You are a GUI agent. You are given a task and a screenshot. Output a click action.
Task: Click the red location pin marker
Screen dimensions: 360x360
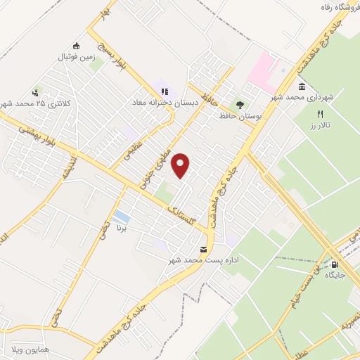[181, 166]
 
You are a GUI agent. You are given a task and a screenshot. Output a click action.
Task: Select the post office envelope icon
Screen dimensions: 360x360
[204, 250]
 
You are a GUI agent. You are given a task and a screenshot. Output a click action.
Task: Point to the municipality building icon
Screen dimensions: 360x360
[301, 86]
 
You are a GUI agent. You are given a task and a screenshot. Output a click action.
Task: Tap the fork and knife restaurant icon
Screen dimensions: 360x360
[320, 113]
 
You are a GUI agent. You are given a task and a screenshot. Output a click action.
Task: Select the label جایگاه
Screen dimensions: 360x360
[335, 276]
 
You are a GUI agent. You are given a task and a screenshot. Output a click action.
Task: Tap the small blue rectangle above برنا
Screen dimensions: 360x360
[121, 216]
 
